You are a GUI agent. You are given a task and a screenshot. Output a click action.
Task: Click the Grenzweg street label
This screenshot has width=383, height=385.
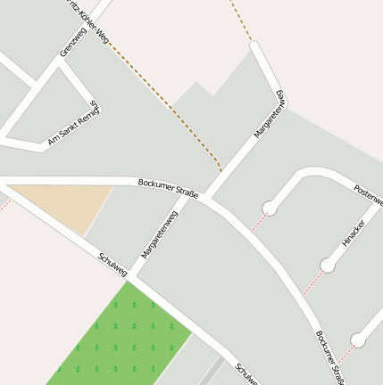(71, 44)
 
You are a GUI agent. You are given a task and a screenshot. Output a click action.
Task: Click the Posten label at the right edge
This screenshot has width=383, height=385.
(368, 195)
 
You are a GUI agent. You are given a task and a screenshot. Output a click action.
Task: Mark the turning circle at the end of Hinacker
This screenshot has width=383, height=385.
(328, 265)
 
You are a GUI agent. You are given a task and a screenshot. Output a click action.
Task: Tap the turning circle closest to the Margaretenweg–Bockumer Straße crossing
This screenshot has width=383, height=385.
(267, 209)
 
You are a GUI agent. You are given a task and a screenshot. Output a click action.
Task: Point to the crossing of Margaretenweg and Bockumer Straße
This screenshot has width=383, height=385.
(198, 192)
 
